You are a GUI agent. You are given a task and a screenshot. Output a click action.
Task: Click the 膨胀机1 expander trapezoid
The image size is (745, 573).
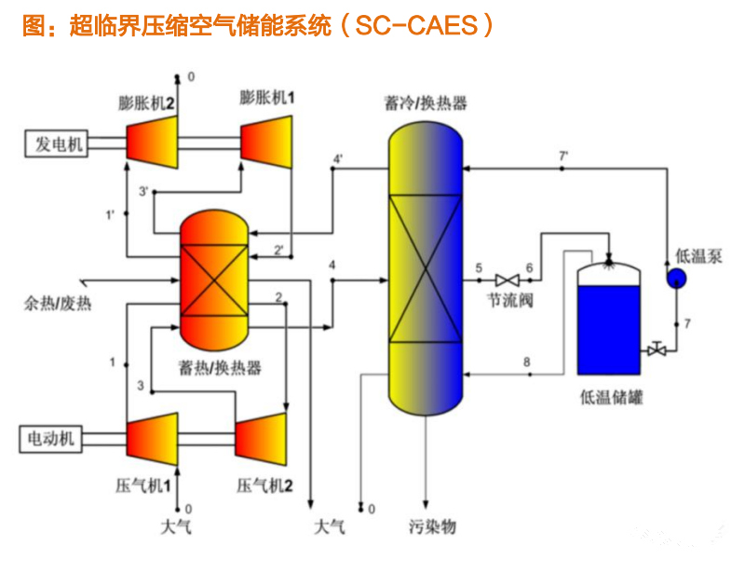[268, 142]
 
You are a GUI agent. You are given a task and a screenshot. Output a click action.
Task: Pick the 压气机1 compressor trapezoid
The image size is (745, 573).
[149, 436]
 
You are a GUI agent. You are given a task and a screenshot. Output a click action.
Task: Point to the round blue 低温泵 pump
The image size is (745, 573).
[676, 279]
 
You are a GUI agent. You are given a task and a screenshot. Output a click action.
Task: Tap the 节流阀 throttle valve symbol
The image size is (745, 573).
[508, 280]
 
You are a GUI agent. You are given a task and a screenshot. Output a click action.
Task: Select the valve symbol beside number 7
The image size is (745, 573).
[657, 350]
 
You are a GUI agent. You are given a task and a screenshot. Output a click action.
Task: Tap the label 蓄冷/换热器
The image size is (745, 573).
[425, 102]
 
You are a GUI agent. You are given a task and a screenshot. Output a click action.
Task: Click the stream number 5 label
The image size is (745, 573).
[479, 268]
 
